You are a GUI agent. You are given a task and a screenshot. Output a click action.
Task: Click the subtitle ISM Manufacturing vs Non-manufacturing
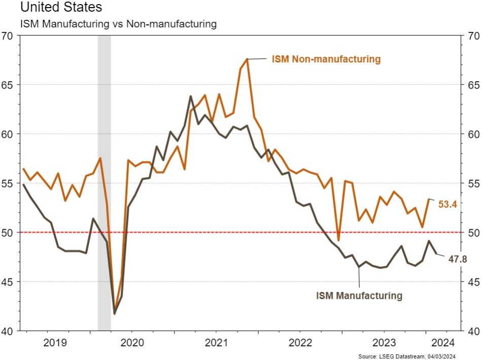(x=118, y=24)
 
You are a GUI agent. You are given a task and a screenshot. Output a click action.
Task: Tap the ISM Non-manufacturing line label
(x=326, y=59)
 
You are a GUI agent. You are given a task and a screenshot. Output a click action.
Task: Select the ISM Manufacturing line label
(x=359, y=295)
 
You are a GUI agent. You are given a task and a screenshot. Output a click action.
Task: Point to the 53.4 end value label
(x=448, y=204)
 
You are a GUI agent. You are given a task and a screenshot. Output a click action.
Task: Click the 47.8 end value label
(x=457, y=260)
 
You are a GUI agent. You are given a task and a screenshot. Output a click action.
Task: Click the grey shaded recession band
(x=104, y=183)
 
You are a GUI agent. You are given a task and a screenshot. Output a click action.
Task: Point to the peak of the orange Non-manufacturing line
(x=247, y=59)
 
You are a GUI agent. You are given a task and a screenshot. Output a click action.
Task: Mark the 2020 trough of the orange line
(x=114, y=314)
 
